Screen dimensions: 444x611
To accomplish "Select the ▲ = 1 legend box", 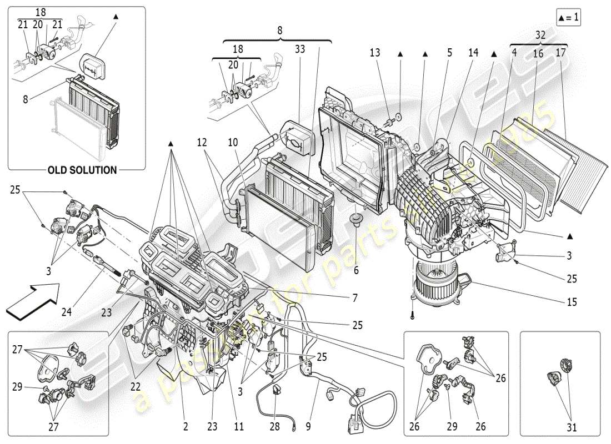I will coord(568,18).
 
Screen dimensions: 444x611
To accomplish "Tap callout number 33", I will coord(300,49).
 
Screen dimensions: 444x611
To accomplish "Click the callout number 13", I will coord(375,53).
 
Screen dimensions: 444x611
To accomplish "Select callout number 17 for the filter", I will coord(560,53).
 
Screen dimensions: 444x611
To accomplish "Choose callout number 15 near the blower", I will coord(572,302).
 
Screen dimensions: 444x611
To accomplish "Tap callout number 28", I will coord(275,427).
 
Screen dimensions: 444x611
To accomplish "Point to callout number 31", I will coord(572,427).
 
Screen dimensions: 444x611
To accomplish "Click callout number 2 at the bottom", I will coord(186,427).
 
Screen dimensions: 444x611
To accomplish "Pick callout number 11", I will coord(239,427).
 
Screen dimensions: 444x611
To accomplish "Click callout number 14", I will coord(473,53).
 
